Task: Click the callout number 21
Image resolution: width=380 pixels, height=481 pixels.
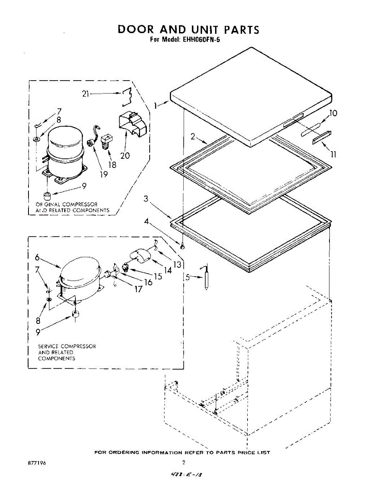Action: click(x=84, y=94)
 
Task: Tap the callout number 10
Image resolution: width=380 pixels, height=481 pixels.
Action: click(x=333, y=113)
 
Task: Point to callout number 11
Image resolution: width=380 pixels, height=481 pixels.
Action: click(x=333, y=154)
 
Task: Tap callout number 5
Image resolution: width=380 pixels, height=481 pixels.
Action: click(x=187, y=277)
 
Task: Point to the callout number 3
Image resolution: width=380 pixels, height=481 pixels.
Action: click(x=146, y=198)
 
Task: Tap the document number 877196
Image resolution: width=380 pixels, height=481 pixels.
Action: click(x=37, y=463)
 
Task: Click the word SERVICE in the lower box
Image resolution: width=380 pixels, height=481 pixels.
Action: click(x=49, y=346)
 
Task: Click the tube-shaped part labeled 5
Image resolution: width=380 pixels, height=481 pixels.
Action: click(x=206, y=278)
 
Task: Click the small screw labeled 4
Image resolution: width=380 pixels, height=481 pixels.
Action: click(x=183, y=247)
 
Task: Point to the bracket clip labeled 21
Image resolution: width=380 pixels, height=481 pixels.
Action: click(x=128, y=97)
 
